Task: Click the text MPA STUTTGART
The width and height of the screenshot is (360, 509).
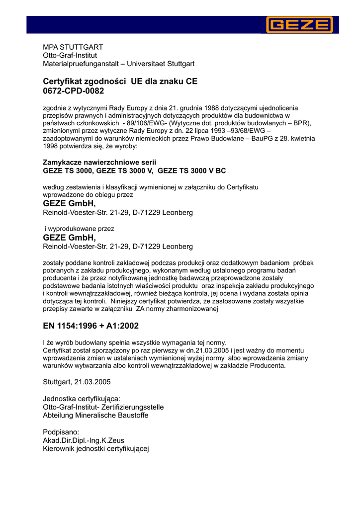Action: pos(73,47)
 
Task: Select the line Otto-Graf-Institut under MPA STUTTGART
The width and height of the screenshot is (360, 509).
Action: pos(70,55)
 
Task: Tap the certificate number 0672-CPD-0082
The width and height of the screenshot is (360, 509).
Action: pos(74,91)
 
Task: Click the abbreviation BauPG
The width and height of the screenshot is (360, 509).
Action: pos(249,139)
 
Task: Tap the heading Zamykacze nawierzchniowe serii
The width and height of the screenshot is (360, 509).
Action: pos(99,163)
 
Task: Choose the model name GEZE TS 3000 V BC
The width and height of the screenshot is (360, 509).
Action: pos(191,170)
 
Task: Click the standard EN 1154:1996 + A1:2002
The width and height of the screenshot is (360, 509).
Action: pos(91,326)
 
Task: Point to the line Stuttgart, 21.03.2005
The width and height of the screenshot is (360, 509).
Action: pos(77,382)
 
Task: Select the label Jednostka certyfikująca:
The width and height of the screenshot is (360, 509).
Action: pos(82,399)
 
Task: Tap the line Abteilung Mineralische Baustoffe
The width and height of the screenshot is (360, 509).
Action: pos(95,415)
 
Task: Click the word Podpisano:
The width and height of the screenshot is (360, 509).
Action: pos(61,432)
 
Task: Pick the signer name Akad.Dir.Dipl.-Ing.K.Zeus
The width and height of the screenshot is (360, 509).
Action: pos(84,440)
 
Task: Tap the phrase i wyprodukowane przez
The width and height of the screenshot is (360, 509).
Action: pos(80,229)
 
